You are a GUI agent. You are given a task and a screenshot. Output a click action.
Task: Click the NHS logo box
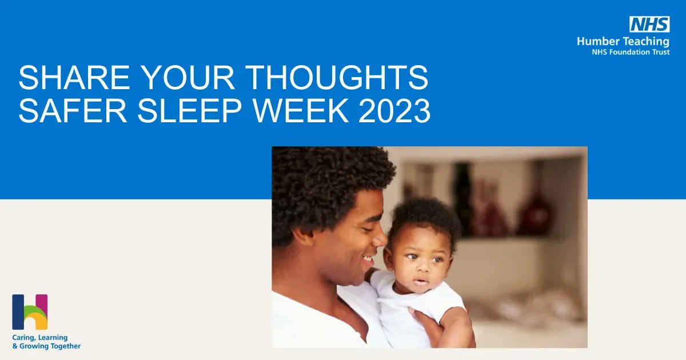(649, 24)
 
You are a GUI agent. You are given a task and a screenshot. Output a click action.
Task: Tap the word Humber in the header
(596, 41)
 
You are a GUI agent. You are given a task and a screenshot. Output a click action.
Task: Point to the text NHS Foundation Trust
(630, 52)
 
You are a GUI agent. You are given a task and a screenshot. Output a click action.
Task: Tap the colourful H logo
(30, 312)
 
